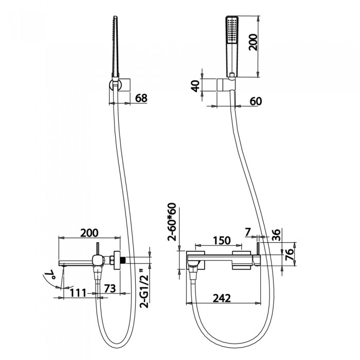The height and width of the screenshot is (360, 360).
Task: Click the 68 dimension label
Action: click(x=141, y=98)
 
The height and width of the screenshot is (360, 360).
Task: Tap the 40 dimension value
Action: click(x=196, y=86)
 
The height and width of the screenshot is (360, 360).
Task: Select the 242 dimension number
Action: click(x=222, y=298)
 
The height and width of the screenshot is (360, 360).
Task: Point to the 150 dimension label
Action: click(x=222, y=240)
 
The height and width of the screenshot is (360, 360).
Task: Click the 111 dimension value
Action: click(x=78, y=293)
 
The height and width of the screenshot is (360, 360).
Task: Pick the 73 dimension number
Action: click(x=110, y=289)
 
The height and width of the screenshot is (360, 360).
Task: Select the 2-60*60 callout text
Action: click(x=172, y=222)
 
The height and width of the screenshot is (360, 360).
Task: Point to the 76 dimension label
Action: click(x=290, y=255)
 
